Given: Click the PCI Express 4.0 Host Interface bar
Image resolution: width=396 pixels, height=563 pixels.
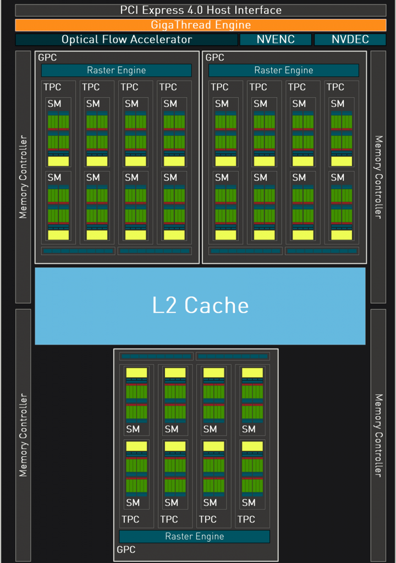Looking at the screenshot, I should tap(201, 10).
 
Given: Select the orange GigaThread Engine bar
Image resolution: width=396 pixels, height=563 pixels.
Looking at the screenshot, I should tap(201, 25).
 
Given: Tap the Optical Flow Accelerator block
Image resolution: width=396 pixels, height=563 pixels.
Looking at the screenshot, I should tap(127, 40).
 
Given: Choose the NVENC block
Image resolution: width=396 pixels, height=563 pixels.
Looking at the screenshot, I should tap(276, 40).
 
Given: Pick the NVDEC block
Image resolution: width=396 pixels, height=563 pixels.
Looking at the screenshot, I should tap(350, 40).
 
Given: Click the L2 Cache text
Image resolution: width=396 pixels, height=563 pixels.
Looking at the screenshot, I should tap(200, 305).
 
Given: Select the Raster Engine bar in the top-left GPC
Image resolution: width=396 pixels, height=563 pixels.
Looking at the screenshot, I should tap(116, 70).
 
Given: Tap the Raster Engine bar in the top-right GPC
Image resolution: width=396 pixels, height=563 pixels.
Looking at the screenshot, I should tap(283, 70).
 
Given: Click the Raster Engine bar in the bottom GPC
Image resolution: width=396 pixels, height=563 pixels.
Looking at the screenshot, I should tap(194, 537).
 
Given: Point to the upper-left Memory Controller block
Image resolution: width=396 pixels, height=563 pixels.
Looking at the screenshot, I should tap(23, 177).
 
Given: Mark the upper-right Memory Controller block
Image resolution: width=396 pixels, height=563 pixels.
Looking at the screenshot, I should tap(378, 177).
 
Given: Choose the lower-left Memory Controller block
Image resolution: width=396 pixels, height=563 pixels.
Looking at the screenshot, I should tap(23, 434).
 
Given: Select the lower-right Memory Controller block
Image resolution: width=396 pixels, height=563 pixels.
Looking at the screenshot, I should tap(378, 434).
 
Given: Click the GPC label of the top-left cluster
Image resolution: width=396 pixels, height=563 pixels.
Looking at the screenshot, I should tap(47, 57).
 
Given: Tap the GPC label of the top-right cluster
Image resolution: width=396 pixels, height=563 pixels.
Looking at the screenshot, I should tap(215, 57).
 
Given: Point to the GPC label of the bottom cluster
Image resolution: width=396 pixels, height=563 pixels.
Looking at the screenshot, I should tap(126, 550).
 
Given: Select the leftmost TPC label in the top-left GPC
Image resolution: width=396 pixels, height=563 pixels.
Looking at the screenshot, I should tap(52, 87).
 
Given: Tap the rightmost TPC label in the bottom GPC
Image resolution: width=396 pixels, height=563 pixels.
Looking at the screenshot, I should tap(246, 520).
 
